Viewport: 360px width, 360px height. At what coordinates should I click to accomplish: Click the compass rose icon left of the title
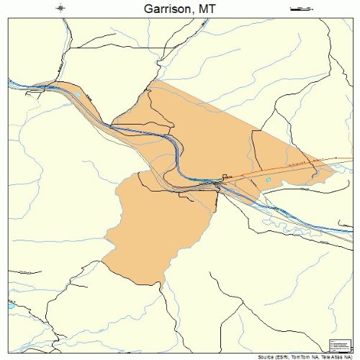coord(61,9)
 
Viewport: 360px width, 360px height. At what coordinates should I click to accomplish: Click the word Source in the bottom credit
coord(264,356)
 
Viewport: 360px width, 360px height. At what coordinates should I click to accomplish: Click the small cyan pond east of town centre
coord(269,180)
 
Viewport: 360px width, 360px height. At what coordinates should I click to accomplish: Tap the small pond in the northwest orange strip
coord(77,95)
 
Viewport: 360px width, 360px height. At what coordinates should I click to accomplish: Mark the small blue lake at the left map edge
coord(12,306)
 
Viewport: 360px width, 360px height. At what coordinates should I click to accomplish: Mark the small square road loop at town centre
coord(225,176)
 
